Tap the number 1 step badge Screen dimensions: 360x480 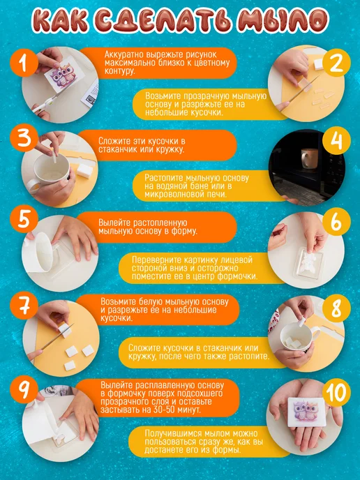tap(24, 65)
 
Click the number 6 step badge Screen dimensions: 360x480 tap(336, 223)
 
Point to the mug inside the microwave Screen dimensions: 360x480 tap(310, 158)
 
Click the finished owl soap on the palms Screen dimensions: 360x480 tap(306, 410)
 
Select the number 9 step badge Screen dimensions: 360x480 tap(24, 390)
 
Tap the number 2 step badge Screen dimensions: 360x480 tap(336, 63)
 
